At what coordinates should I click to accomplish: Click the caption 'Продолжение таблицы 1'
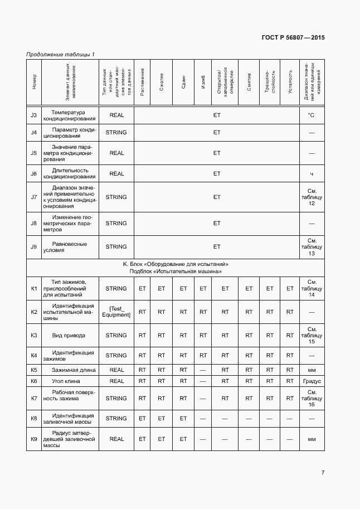[60, 54]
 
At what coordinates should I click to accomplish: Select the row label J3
[34, 115]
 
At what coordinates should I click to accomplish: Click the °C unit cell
[312, 115]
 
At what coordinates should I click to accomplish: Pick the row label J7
[34, 197]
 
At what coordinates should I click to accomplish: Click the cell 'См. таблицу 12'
[312, 197]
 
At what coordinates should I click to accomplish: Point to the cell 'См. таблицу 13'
[312, 246]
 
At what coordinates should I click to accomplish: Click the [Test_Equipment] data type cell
[116, 312]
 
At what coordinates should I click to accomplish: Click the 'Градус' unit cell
[312, 381]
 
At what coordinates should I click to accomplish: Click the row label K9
[34, 439]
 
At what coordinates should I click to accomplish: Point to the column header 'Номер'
[34, 82]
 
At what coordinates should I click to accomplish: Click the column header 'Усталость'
[290, 82]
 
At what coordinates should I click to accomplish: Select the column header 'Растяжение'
[142, 82]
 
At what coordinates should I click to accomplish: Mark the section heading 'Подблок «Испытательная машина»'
[176, 272]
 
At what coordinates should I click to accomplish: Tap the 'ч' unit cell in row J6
[312, 173]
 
